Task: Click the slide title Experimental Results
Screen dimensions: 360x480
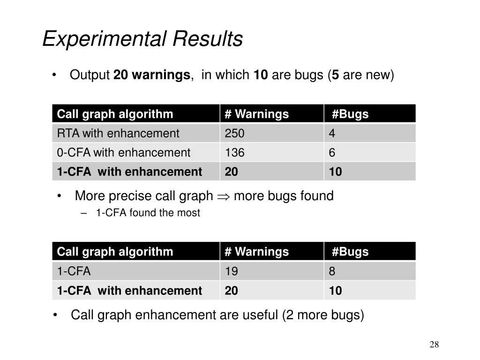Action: click(142, 39)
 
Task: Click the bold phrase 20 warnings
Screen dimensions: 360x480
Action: click(151, 75)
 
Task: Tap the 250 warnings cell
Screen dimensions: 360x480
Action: click(235, 134)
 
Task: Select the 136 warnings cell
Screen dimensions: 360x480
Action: click(235, 153)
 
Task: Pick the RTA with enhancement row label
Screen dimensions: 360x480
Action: click(118, 134)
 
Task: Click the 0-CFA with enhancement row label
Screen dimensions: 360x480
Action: click(124, 153)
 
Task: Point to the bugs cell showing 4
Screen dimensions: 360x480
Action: click(332, 134)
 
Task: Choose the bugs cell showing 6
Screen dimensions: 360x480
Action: click(332, 153)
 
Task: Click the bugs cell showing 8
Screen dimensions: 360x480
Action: click(332, 271)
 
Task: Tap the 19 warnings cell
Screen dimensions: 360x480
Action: click(232, 271)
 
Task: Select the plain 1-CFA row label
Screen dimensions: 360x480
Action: click(74, 271)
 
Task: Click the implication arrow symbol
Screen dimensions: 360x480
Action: click(223, 196)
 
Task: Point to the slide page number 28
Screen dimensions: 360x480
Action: click(434, 345)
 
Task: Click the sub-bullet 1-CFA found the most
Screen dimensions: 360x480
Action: click(148, 213)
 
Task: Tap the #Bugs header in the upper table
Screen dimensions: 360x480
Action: click(350, 114)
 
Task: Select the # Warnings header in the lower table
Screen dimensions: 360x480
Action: click(257, 252)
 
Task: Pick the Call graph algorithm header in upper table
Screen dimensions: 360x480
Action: click(115, 114)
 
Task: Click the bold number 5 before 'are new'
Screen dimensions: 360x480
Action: click(336, 75)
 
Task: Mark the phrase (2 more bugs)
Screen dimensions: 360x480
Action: click(323, 315)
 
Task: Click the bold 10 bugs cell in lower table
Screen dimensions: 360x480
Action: click(335, 291)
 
